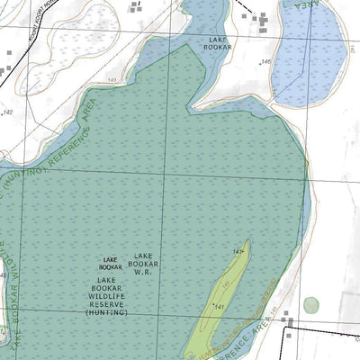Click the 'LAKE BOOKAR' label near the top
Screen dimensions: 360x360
tap(218, 44)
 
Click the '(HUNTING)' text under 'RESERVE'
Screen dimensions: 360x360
tap(107, 312)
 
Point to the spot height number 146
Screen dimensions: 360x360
tap(265, 62)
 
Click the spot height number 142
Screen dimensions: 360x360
tap(8, 112)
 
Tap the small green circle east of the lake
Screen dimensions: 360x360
tap(310, 305)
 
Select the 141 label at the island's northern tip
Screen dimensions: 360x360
tap(238, 251)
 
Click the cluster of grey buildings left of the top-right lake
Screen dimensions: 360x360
tap(259, 21)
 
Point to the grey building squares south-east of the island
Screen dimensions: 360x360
tap(286, 320)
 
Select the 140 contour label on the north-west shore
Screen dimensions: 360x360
tap(112, 81)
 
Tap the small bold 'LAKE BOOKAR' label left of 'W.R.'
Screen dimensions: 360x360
tap(111, 263)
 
